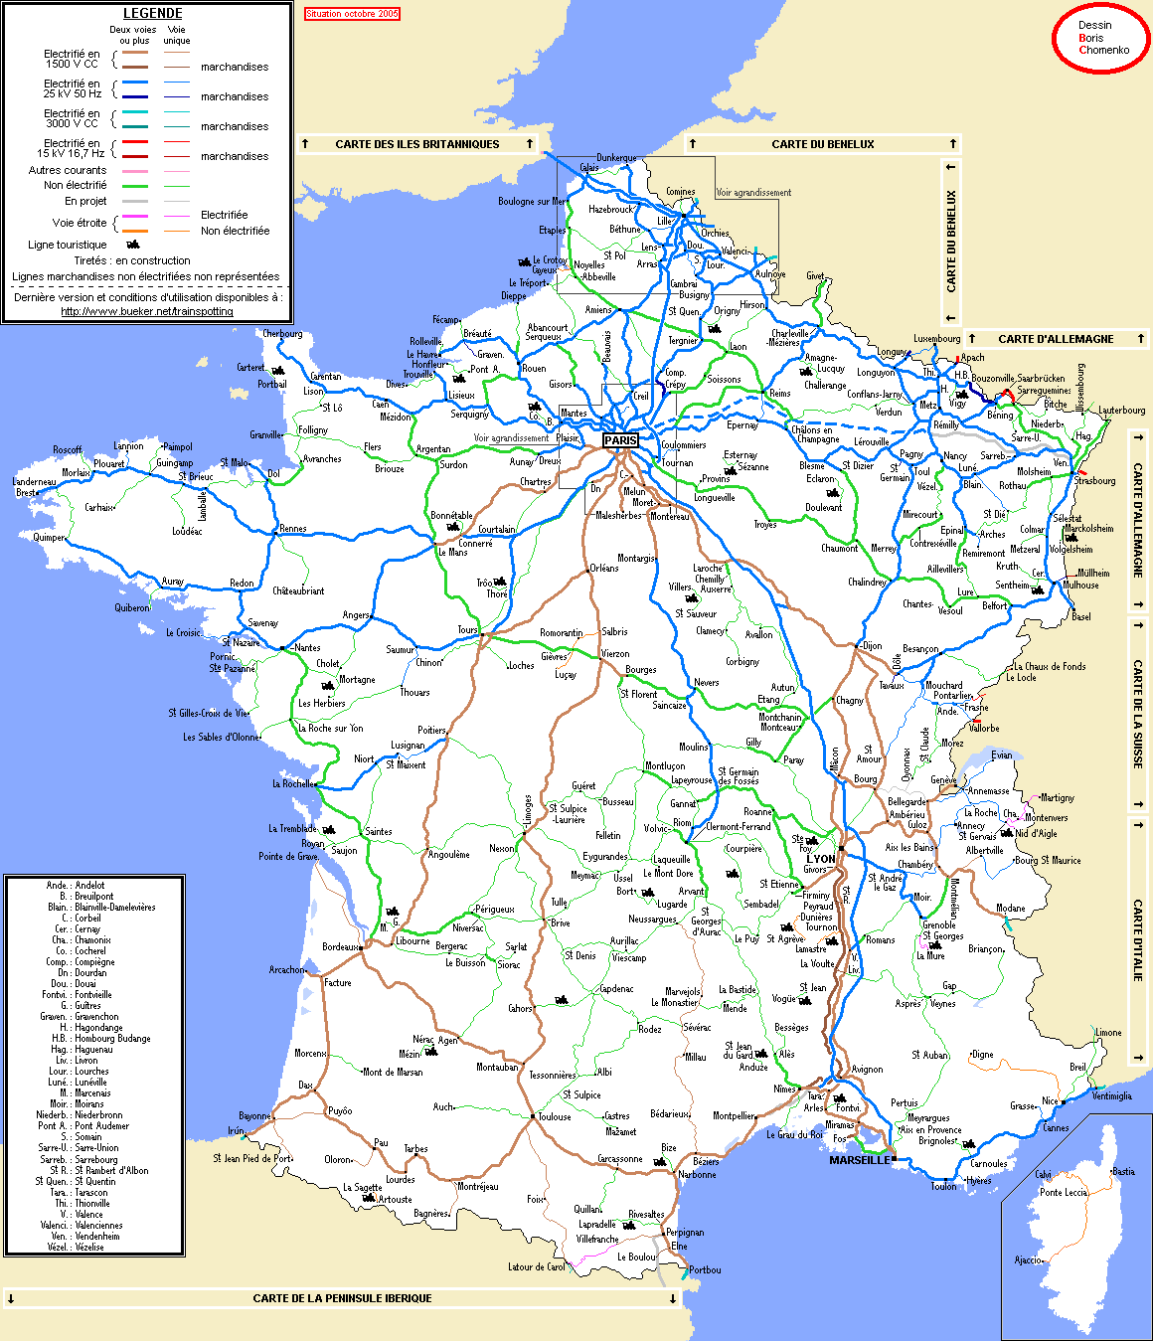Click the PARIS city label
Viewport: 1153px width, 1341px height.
point(621,440)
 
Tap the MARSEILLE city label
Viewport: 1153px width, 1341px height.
point(860,1160)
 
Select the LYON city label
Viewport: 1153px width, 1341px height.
point(821,859)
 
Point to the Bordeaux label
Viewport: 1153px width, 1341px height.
point(340,947)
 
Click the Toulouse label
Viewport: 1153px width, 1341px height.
point(555,1116)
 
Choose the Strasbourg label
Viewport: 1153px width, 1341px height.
point(1094,480)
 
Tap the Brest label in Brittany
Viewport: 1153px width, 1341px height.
point(26,492)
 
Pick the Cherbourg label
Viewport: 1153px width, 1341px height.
point(282,334)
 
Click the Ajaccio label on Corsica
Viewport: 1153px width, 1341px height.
point(1028,1260)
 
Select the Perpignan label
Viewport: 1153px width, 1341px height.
point(685,1233)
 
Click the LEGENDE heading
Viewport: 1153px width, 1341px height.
point(152,14)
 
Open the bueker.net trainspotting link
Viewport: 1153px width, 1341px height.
point(147,311)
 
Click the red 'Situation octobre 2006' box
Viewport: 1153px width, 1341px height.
point(352,14)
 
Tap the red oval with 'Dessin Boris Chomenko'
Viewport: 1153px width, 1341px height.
point(1100,38)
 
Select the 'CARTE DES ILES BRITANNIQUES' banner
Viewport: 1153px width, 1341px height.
point(417,144)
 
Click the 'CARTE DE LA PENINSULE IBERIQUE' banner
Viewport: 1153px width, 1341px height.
point(342,1298)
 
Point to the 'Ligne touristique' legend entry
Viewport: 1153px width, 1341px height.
point(68,245)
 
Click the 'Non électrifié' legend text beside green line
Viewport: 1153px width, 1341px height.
point(76,185)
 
